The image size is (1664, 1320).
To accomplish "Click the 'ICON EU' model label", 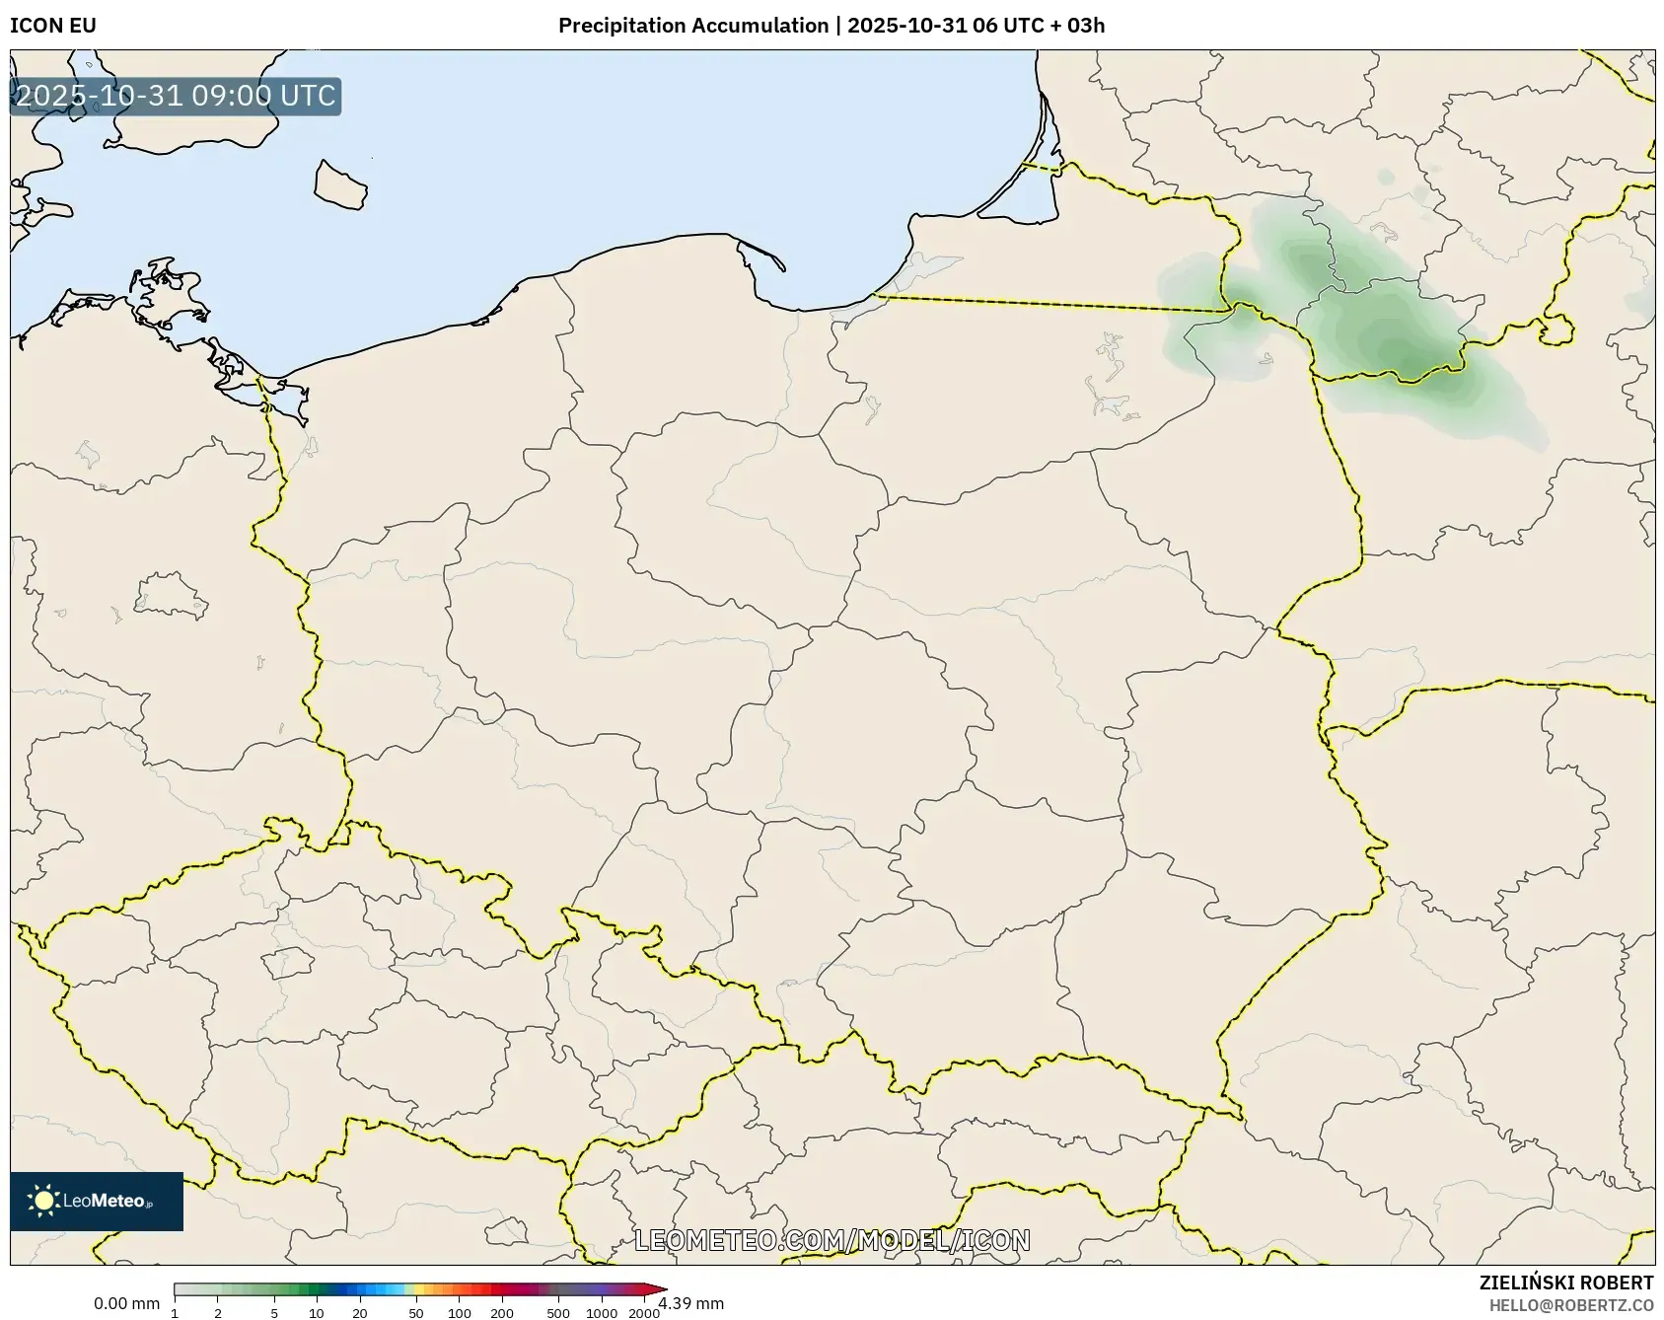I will (53, 26).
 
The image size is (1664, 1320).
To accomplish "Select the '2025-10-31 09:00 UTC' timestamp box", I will (176, 97).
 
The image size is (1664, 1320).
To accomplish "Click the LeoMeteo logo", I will (97, 1201).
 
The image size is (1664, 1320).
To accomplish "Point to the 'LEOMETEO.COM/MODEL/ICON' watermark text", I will (832, 1240).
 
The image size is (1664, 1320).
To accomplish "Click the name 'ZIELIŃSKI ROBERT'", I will (1565, 1283).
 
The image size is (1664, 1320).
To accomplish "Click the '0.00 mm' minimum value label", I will (126, 1303).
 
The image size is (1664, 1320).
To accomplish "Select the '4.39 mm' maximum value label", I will (691, 1303).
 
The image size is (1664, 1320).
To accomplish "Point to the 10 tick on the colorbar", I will (316, 1313).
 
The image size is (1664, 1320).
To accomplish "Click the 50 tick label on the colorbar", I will (416, 1313).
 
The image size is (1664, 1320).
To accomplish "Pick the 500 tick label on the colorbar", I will (558, 1313).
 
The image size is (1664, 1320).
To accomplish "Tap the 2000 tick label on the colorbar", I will (644, 1313).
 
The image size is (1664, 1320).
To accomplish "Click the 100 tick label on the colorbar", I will (460, 1313).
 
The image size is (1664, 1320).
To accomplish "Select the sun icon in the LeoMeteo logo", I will (43, 1201).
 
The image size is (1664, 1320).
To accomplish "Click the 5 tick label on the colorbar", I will (274, 1313).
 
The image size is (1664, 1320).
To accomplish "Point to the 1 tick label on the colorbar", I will (175, 1313).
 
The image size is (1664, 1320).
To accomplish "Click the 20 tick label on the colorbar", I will (359, 1313).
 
